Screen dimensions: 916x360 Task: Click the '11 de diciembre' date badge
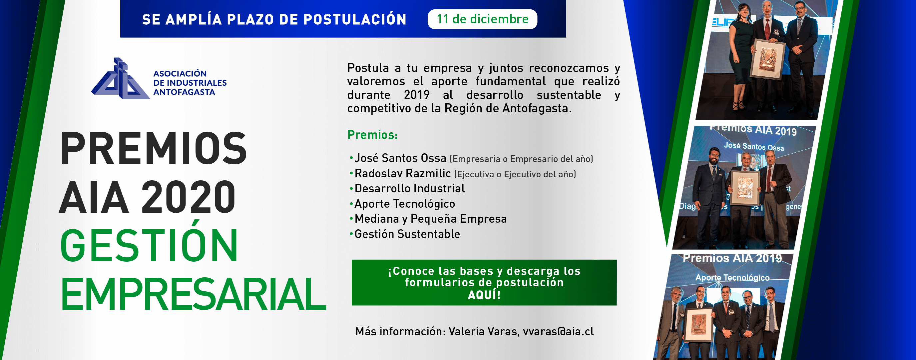click(x=482, y=19)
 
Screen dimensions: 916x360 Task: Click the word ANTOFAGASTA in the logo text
click(x=184, y=92)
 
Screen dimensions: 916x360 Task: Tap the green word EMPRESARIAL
click(x=193, y=294)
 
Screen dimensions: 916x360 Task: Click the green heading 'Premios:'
click(x=372, y=135)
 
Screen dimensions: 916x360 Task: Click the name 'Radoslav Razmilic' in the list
click(x=402, y=173)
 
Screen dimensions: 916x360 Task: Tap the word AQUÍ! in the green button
click(x=484, y=295)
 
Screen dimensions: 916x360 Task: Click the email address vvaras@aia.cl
click(x=558, y=332)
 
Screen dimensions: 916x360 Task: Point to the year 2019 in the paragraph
click(x=416, y=95)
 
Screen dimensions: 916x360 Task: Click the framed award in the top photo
click(x=768, y=59)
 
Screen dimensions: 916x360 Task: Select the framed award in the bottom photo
click(x=699, y=324)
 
